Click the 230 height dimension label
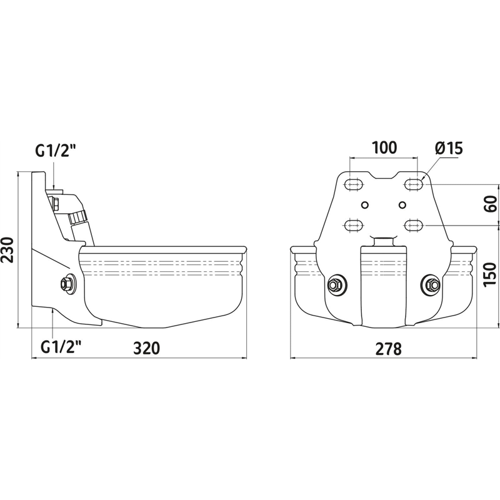(7, 249)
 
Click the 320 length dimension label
(146, 348)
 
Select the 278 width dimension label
(388, 349)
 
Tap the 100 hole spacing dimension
(384, 147)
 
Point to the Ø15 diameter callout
(449, 148)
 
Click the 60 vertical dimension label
(491, 204)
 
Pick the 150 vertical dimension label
(491, 274)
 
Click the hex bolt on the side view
(67, 283)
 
